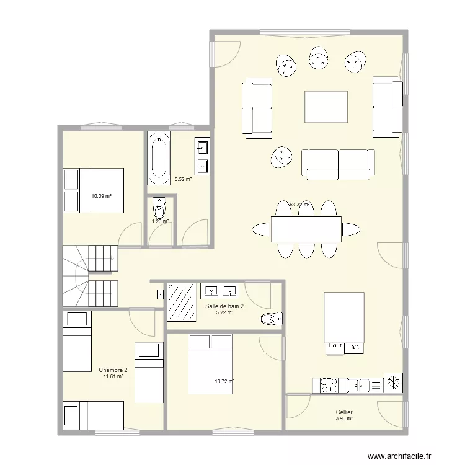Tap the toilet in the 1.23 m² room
159,206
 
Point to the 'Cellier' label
344,412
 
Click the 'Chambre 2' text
112,370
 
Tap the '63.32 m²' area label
299,205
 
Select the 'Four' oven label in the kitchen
335,345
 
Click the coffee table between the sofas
326,107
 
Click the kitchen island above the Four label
343,317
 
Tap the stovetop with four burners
330,385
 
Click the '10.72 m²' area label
224,382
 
